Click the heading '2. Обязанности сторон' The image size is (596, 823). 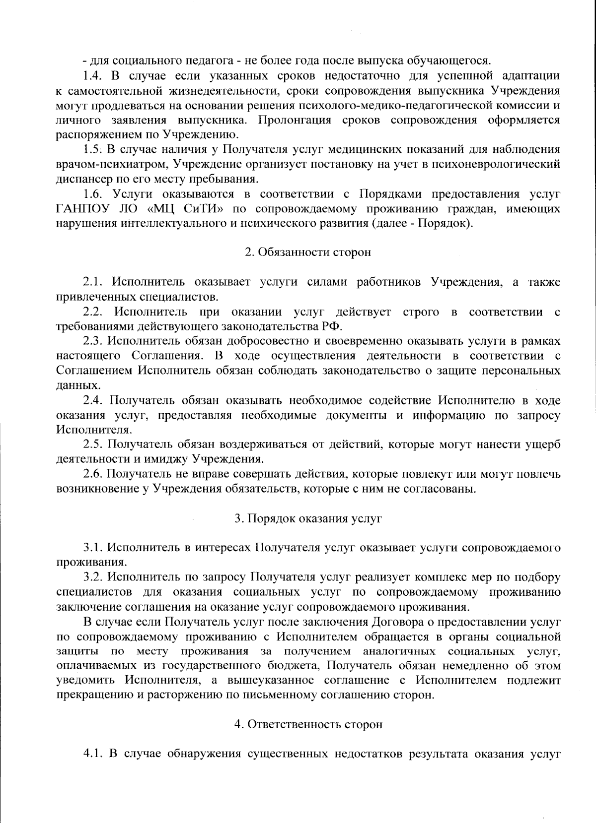point(308,252)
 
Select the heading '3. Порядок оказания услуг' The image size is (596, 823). point(308,518)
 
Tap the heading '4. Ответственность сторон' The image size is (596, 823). point(308,724)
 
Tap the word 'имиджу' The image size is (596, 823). point(167,459)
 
